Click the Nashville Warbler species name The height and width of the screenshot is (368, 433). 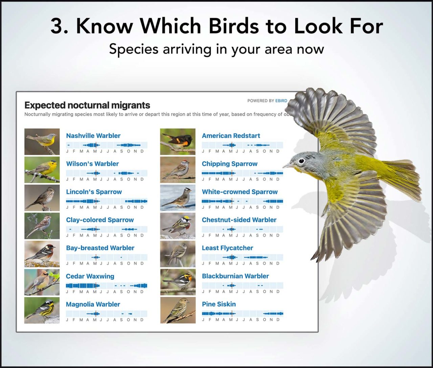point(93,136)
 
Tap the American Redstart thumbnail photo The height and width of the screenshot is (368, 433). point(178,141)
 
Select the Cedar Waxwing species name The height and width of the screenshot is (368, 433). point(90,276)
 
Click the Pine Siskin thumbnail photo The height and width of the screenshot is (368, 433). point(178,310)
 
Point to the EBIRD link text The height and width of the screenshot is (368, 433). point(281,101)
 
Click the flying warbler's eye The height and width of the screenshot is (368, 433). point(301,161)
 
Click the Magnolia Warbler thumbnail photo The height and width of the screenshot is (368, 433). point(42,310)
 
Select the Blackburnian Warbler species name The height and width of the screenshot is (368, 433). point(235,276)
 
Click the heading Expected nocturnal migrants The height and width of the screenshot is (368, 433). point(87,105)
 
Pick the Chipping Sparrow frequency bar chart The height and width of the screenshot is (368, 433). point(242,173)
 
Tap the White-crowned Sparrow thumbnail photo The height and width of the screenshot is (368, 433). point(178,198)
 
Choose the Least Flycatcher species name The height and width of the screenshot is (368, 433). point(227,248)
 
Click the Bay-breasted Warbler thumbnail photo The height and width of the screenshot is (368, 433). point(42,254)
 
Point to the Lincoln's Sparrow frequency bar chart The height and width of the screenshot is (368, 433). point(107,201)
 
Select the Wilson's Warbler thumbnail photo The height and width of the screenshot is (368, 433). point(42,170)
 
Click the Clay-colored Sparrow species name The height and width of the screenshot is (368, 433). point(100,220)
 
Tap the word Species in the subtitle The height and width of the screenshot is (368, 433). point(134,49)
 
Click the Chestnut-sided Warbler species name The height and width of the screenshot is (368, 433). point(239,220)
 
